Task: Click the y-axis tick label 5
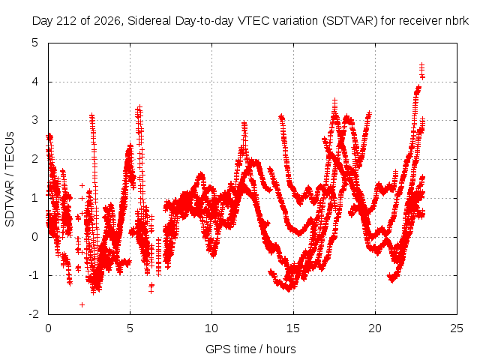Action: click(35, 43)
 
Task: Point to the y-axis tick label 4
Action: click(35, 82)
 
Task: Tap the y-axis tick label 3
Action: click(35, 120)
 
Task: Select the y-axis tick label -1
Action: click(34, 275)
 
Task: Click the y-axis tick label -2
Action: click(34, 313)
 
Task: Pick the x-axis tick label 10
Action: click(211, 328)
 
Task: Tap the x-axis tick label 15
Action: click(293, 328)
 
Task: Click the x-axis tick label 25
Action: click(457, 328)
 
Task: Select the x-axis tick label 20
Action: click(375, 328)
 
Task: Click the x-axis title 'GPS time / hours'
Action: click(250, 349)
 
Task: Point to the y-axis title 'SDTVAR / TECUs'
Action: click(10, 179)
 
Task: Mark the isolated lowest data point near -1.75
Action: click(82, 304)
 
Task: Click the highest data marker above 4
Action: click(421, 65)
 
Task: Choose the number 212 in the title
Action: click(68, 21)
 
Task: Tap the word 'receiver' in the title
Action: click(421, 21)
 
